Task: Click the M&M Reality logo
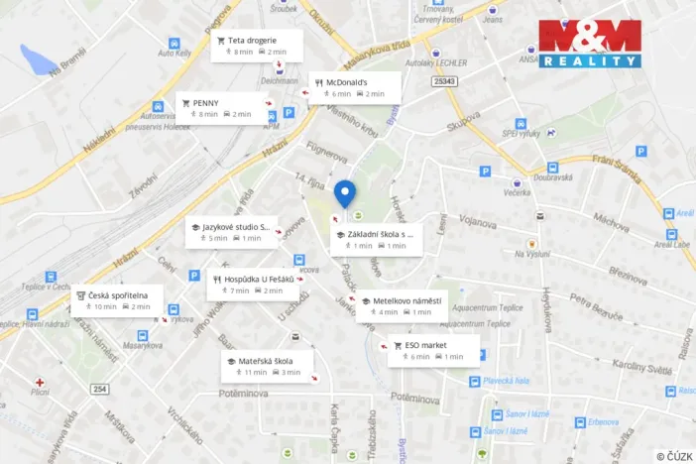[589, 44]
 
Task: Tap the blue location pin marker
[344, 192]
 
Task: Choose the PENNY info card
[220, 107]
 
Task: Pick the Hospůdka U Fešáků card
[253, 285]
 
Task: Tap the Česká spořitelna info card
[118, 300]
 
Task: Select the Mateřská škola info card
[265, 366]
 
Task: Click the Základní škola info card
[378, 239]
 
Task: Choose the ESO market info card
[433, 350]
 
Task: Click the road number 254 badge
[99, 388]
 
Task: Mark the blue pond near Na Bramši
[41, 58]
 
